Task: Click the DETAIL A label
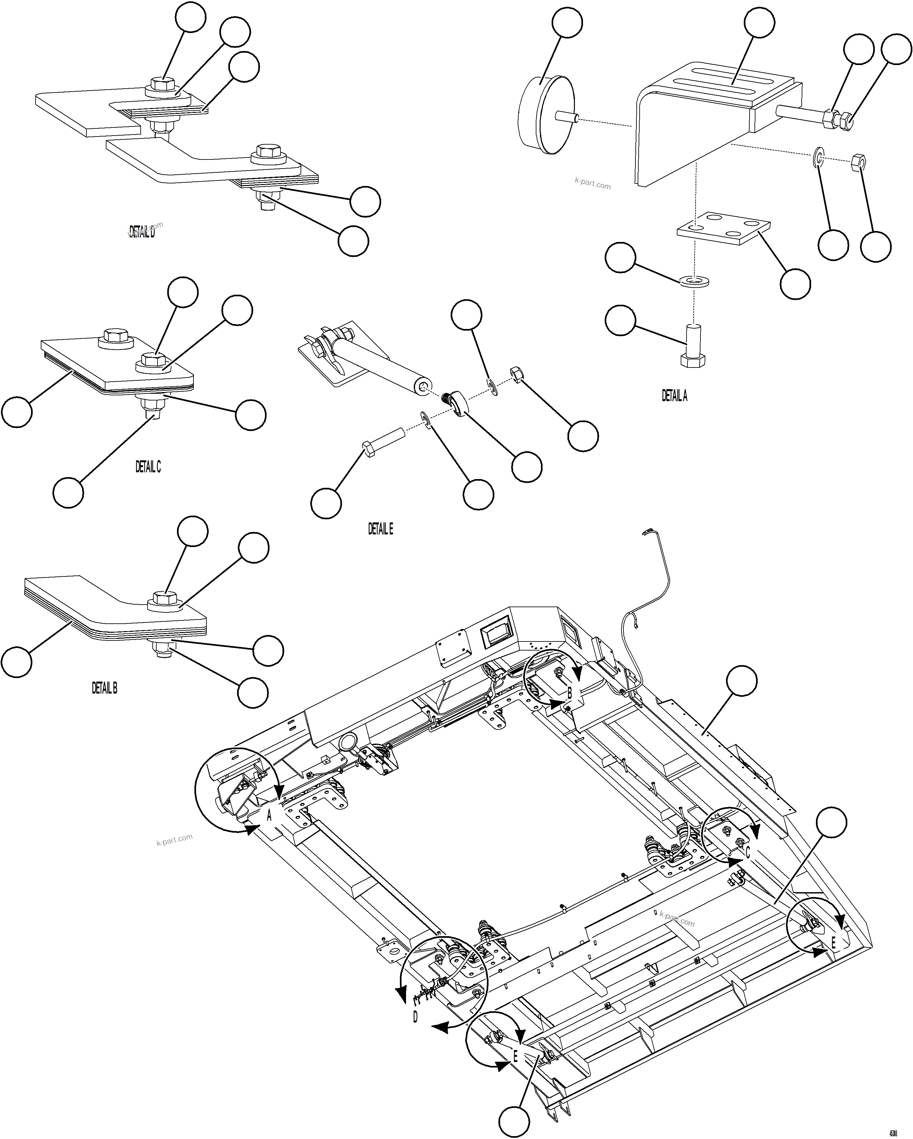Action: click(674, 396)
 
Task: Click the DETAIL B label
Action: click(104, 688)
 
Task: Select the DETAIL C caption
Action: click(148, 466)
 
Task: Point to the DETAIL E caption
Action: click(380, 529)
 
